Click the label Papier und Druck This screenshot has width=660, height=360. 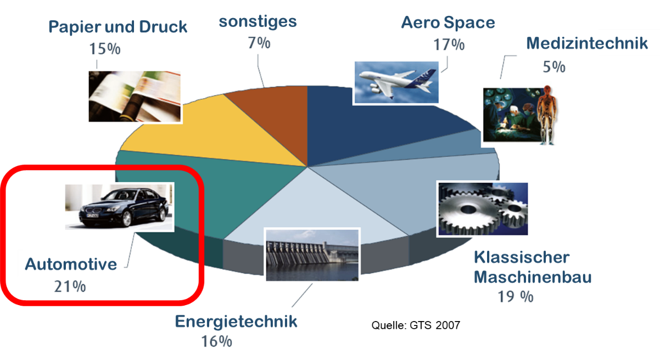point(118,27)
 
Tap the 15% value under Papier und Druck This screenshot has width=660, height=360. point(105,49)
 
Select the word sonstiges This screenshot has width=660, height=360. point(258,22)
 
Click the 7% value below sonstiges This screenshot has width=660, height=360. point(259,43)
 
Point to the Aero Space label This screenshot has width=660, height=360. point(448,22)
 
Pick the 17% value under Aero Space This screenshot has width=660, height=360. point(449,45)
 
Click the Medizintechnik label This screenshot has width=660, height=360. point(587,43)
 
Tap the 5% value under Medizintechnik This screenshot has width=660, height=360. point(554,67)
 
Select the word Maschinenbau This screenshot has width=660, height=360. point(533,277)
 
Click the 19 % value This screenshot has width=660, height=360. point(516,297)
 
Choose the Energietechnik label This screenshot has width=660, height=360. point(236,322)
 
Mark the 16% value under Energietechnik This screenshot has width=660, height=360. point(216,342)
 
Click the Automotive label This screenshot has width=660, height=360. point(71,265)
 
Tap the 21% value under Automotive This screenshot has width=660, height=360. point(70,286)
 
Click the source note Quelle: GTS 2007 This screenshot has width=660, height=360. point(416,325)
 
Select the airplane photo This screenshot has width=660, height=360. point(396,82)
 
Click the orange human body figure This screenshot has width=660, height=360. point(547,115)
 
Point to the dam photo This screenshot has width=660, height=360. point(312,255)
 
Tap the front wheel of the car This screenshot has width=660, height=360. point(127,218)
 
